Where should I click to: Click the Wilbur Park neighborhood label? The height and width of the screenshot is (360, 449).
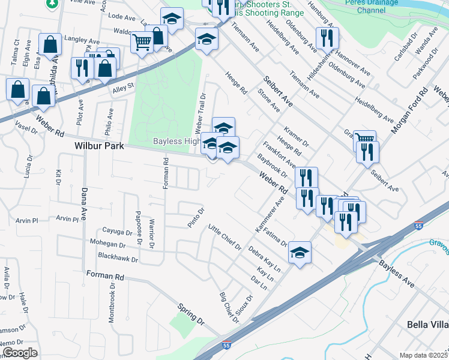point(99,146)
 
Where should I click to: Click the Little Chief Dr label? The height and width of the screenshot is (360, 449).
point(224,238)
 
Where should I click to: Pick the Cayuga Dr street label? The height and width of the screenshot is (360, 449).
point(118,232)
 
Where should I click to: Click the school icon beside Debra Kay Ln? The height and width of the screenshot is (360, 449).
point(300,253)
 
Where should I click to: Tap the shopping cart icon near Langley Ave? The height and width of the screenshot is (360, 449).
point(142,43)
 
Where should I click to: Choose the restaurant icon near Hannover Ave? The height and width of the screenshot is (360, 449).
point(327,38)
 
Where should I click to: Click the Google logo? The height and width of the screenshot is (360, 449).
point(19,353)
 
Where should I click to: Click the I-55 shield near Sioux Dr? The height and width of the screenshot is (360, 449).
point(226,346)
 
